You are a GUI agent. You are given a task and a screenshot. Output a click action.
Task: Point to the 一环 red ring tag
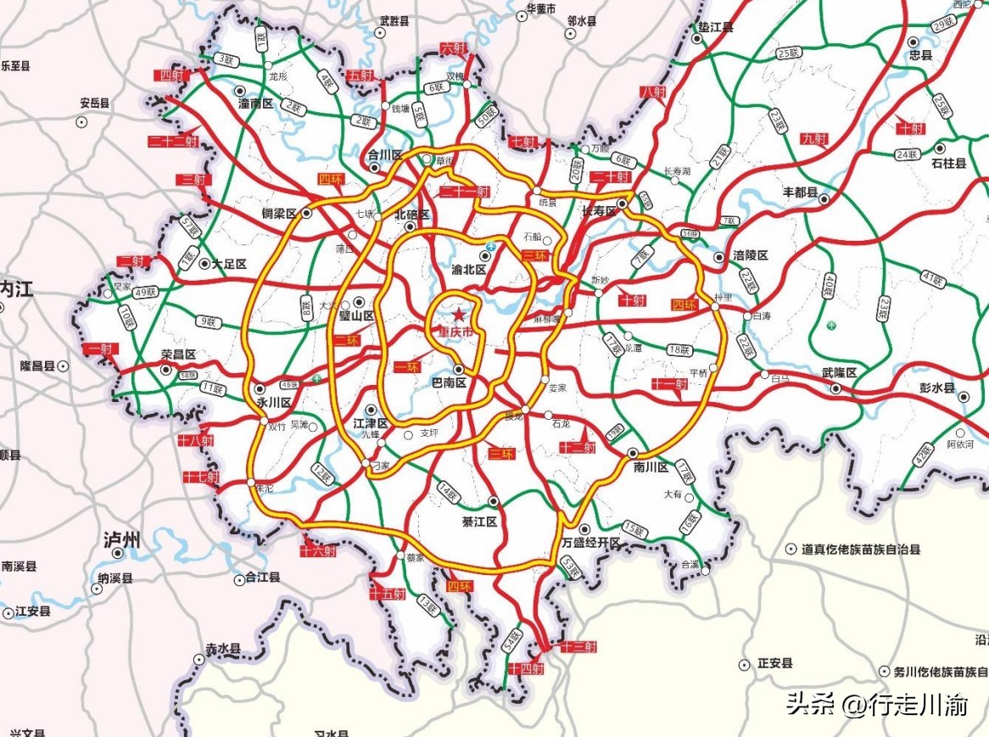click(409, 366)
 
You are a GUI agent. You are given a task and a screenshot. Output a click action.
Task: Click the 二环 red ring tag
click(346, 340)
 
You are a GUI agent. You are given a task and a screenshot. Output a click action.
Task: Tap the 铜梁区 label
click(278, 215)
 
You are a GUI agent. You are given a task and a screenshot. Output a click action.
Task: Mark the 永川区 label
click(275, 403)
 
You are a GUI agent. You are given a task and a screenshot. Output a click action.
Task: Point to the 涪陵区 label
click(751, 255)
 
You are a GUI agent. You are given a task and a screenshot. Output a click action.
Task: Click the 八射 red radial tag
click(654, 92)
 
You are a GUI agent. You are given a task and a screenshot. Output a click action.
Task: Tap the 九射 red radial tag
click(813, 139)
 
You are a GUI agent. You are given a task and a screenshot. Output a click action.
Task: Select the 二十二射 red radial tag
click(172, 142)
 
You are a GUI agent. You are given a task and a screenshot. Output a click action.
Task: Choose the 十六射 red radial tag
click(319, 550)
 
